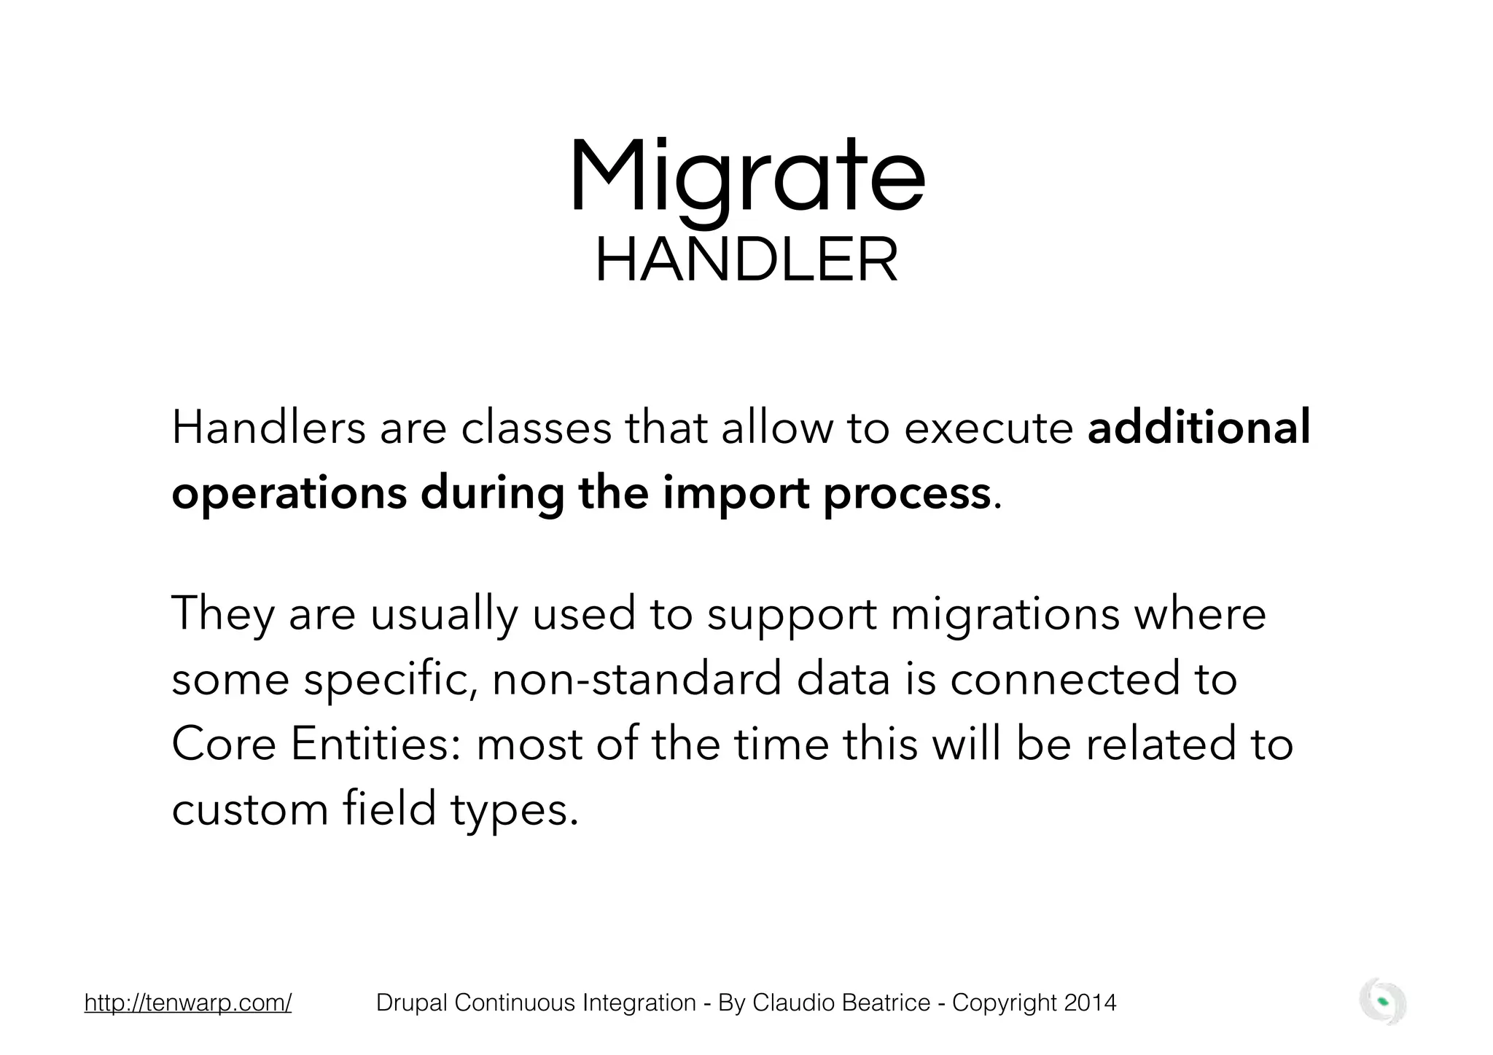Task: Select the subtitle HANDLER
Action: click(746, 261)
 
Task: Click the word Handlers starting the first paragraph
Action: click(268, 428)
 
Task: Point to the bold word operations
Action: click(289, 494)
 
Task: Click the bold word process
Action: click(907, 494)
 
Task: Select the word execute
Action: click(988, 428)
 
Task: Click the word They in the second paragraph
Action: click(222, 613)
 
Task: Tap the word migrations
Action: click(1005, 613)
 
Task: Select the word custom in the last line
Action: click(250, 809)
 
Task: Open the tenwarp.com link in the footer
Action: click(188, 1003)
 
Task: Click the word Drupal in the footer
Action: click(412, 1003)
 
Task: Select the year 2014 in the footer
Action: click(1090, 1003)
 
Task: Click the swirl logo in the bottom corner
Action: click(1383, 1003)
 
